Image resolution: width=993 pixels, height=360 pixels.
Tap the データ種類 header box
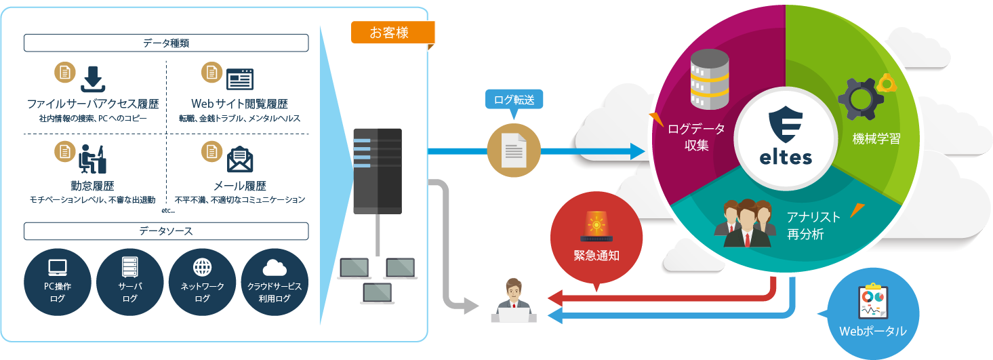click(166, 43)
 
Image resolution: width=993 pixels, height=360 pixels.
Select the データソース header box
click(166, 231)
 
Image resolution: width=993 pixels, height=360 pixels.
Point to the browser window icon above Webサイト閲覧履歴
click(240, 80)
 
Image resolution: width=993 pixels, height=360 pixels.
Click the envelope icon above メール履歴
click(240, 159)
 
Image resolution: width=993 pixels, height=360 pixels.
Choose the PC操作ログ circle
click(58, 282)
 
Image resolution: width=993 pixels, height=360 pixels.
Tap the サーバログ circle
click(130, 282)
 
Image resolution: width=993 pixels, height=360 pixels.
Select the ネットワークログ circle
click(202, 282)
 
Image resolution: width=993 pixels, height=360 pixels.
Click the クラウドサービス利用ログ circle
click(275, 282)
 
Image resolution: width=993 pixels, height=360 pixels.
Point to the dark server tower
click(378, 172)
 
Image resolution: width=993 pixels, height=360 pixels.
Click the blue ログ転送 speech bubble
click(514, 100)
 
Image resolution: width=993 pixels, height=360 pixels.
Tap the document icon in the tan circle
click(514, 151)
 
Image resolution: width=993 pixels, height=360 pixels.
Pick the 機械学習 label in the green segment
click(876, 139)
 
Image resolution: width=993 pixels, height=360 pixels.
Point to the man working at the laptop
click(513, 302)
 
